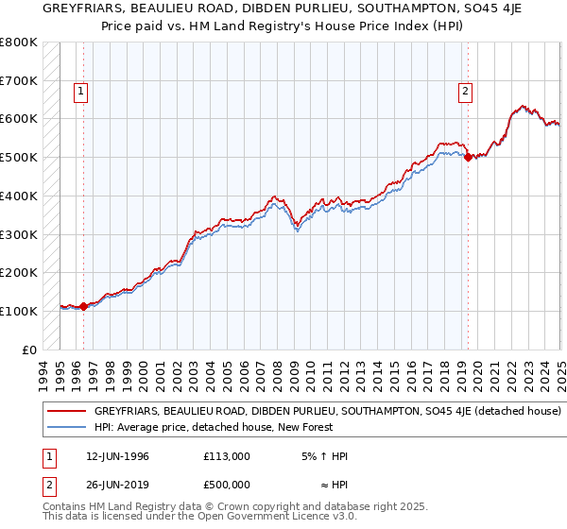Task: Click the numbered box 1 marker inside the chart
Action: point(81,92)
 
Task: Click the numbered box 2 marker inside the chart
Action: point(466,92)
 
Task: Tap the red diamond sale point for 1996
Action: point(83,306)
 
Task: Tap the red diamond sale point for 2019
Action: point(468,157)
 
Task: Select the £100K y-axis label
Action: point(20,311)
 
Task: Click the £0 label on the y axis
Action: point(30,350)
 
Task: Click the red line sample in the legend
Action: point(66,412)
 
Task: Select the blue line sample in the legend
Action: point(66,427)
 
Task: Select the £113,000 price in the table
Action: point(227,456)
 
